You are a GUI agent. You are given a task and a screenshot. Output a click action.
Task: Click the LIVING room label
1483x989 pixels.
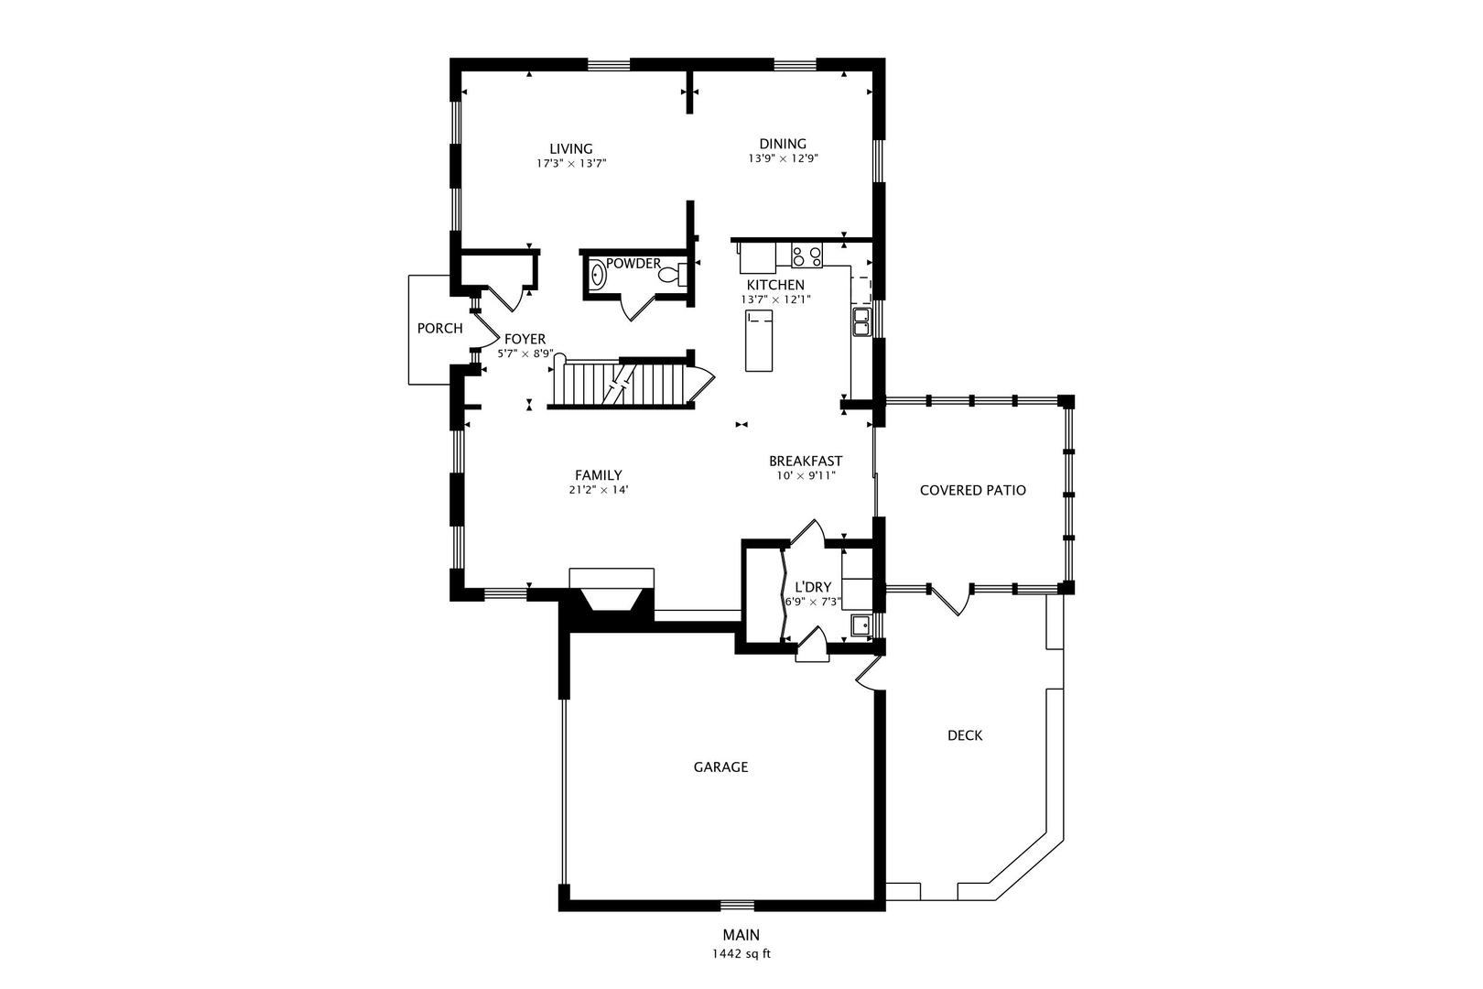coord(570,149)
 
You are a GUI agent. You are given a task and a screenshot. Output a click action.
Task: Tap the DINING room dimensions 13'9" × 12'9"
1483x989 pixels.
coord(784,159)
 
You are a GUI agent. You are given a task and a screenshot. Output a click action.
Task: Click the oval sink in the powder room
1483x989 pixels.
coord(598,276)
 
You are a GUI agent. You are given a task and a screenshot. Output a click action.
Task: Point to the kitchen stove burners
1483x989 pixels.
coord(807,255)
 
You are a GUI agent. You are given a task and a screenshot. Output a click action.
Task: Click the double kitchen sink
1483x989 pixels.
coord(861,322)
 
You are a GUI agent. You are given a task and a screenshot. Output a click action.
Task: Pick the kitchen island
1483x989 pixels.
coord(759,342)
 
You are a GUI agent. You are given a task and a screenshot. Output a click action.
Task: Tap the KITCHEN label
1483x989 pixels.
coord(775,285)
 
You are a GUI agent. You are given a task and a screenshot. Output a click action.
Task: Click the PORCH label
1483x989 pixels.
coord(439,329)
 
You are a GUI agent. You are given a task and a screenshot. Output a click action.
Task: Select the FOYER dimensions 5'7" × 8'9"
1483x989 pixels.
coord(525,354)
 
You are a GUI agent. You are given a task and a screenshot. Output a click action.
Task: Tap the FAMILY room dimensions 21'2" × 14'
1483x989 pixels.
coord(599,490)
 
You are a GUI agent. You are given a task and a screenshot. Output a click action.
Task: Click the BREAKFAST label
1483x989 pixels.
coord(806,461)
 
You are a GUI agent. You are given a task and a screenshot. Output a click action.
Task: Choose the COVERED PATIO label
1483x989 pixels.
coord(972,490)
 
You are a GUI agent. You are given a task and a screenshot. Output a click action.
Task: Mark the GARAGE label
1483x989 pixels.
coord(720,767)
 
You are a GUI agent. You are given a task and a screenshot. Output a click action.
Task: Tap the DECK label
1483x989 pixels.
coord(965,735)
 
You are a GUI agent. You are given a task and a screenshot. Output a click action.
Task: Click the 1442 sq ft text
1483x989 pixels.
coord(741,954)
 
